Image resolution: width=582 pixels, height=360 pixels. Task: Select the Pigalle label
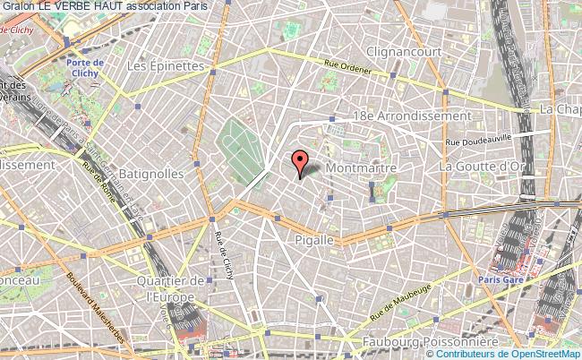(x=313, y=240)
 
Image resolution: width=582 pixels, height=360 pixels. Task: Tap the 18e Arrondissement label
(x=411, y=116)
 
